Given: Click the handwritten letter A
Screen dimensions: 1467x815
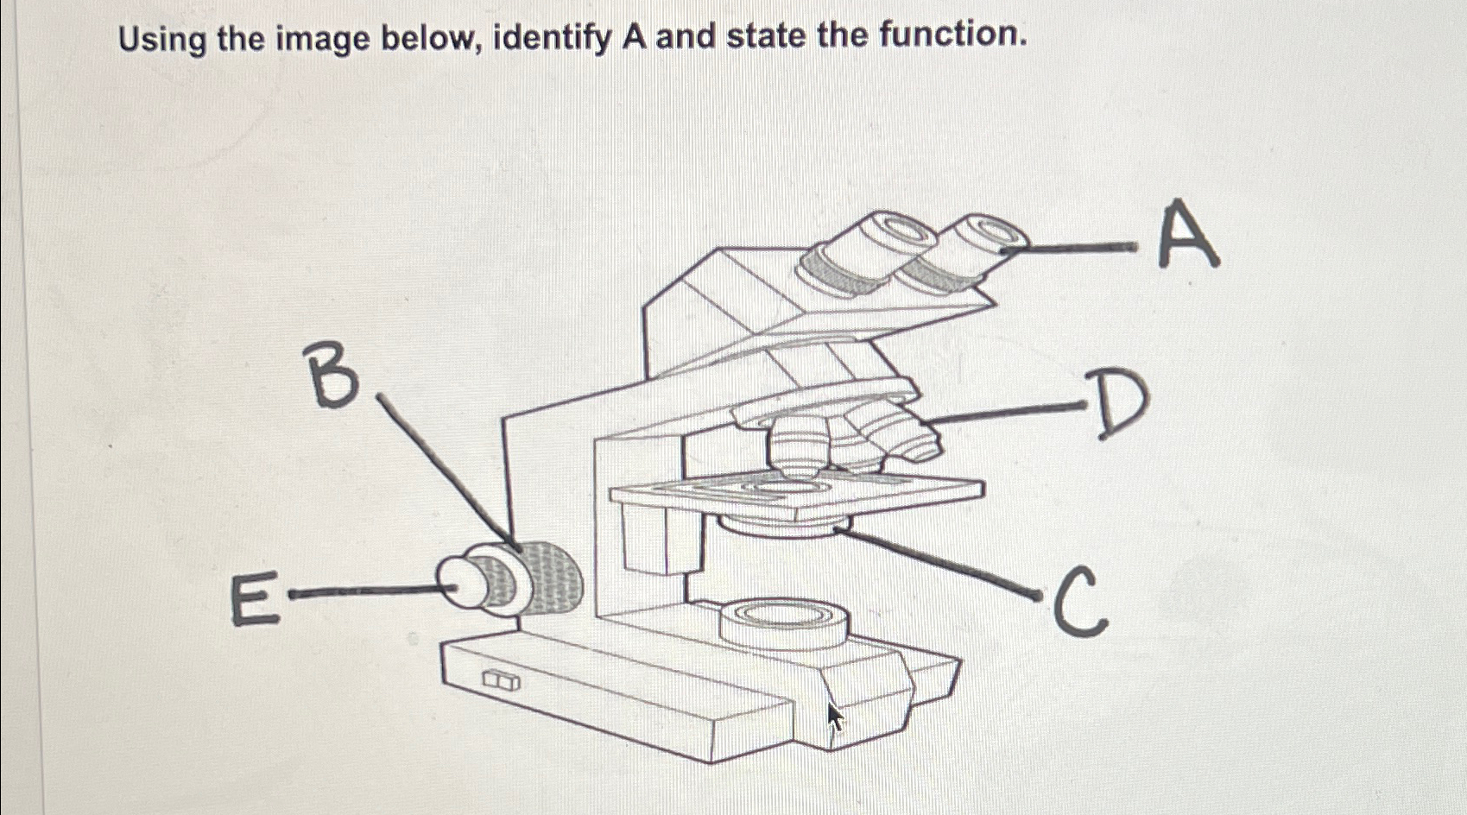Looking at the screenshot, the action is (1187, 234).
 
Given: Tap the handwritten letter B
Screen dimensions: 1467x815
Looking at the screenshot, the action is (332, 374).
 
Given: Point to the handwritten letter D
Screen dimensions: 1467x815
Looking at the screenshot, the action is (1119, 404).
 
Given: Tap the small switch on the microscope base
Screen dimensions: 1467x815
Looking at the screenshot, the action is (502, 681).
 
